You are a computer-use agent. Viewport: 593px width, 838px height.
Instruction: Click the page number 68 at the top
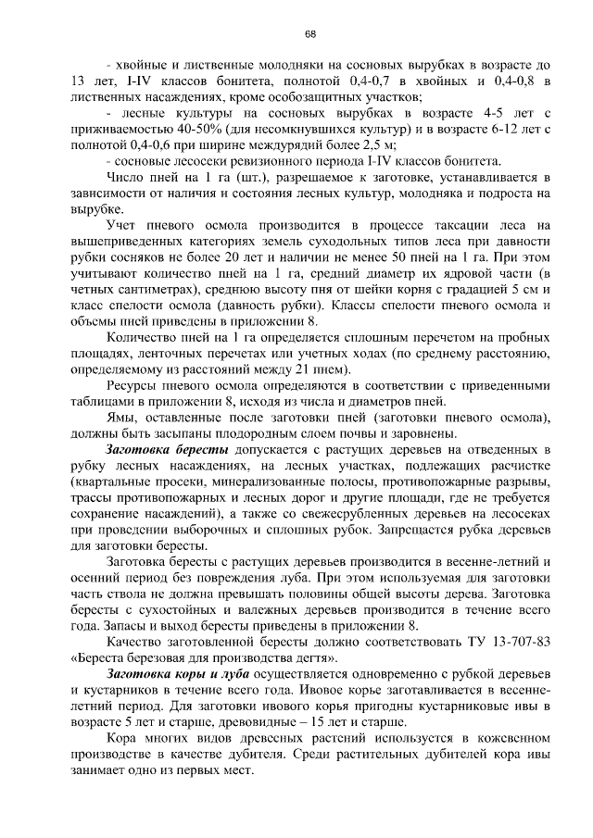coord(310,34)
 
